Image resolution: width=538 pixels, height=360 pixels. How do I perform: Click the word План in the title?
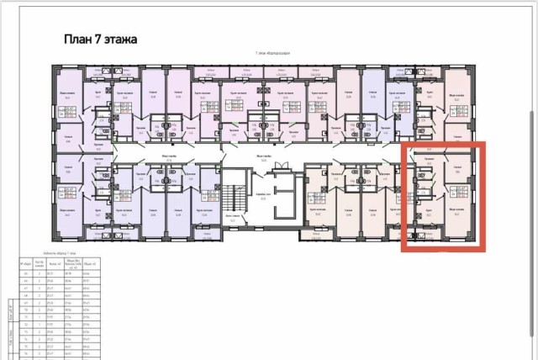point(79,39)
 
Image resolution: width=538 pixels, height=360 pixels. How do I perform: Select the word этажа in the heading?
point(123,39)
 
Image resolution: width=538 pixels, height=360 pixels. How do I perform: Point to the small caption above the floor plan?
point(269,53)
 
